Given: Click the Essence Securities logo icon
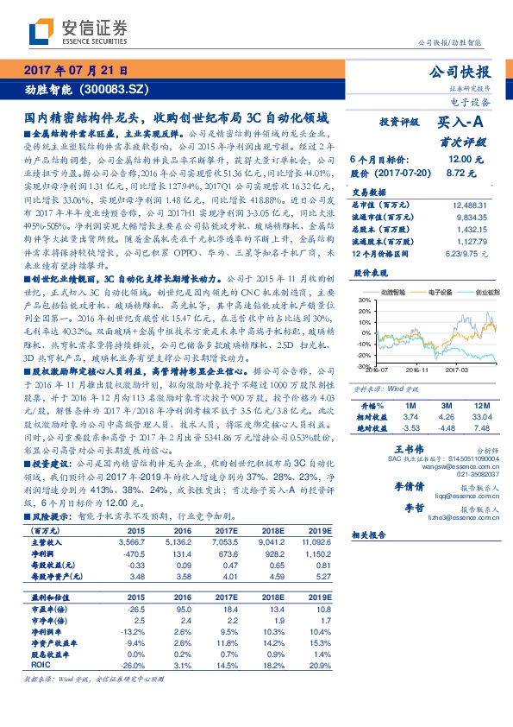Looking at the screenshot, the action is [x=41, y=32].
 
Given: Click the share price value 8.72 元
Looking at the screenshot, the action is [x=470, y=174].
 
